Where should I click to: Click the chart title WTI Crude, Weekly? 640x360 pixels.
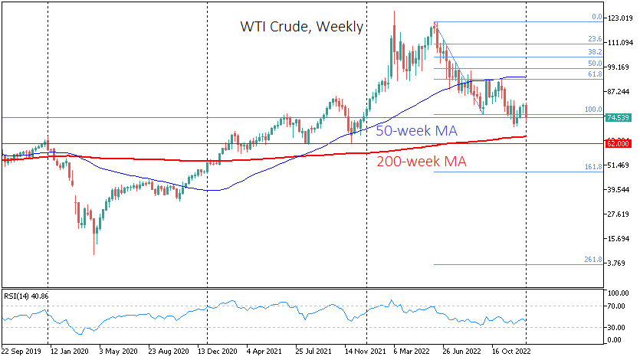(301, 28)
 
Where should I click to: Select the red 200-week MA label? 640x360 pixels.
(422, 162)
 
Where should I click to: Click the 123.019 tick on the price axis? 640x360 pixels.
(620, 18)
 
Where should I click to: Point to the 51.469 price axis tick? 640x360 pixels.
(619, 165)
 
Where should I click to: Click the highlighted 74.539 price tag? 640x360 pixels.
(619, 118)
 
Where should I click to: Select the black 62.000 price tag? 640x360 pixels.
(619, 143)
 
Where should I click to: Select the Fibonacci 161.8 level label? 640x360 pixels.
(591, 167)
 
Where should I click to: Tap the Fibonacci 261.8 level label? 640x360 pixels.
(591, 260)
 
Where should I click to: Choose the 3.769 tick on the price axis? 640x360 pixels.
(620, 263)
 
